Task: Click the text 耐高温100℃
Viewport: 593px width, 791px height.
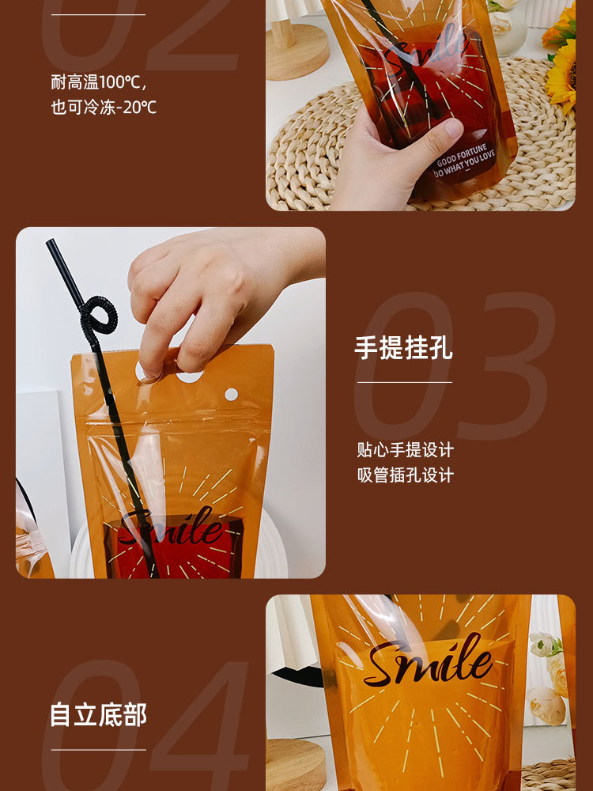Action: pos(100,82)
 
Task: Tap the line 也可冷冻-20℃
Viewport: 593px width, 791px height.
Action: pos(104,107)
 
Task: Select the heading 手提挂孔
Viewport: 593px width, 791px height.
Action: pos(403,347)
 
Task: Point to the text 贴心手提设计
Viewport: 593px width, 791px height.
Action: pos(405,450)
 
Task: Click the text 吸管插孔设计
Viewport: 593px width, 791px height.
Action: pos(405,475)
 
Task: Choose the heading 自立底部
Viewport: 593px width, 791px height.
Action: pos(98,714)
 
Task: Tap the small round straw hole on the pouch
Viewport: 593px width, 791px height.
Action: pos(231,393)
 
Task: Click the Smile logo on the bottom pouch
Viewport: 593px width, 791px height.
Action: pos(428,661)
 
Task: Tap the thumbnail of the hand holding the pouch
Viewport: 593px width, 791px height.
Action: pos(420,105)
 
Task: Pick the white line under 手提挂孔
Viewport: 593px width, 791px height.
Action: pos(404,383)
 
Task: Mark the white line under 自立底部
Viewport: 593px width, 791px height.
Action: pos(98,749)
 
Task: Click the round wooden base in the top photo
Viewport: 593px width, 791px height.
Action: pos(296,51)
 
